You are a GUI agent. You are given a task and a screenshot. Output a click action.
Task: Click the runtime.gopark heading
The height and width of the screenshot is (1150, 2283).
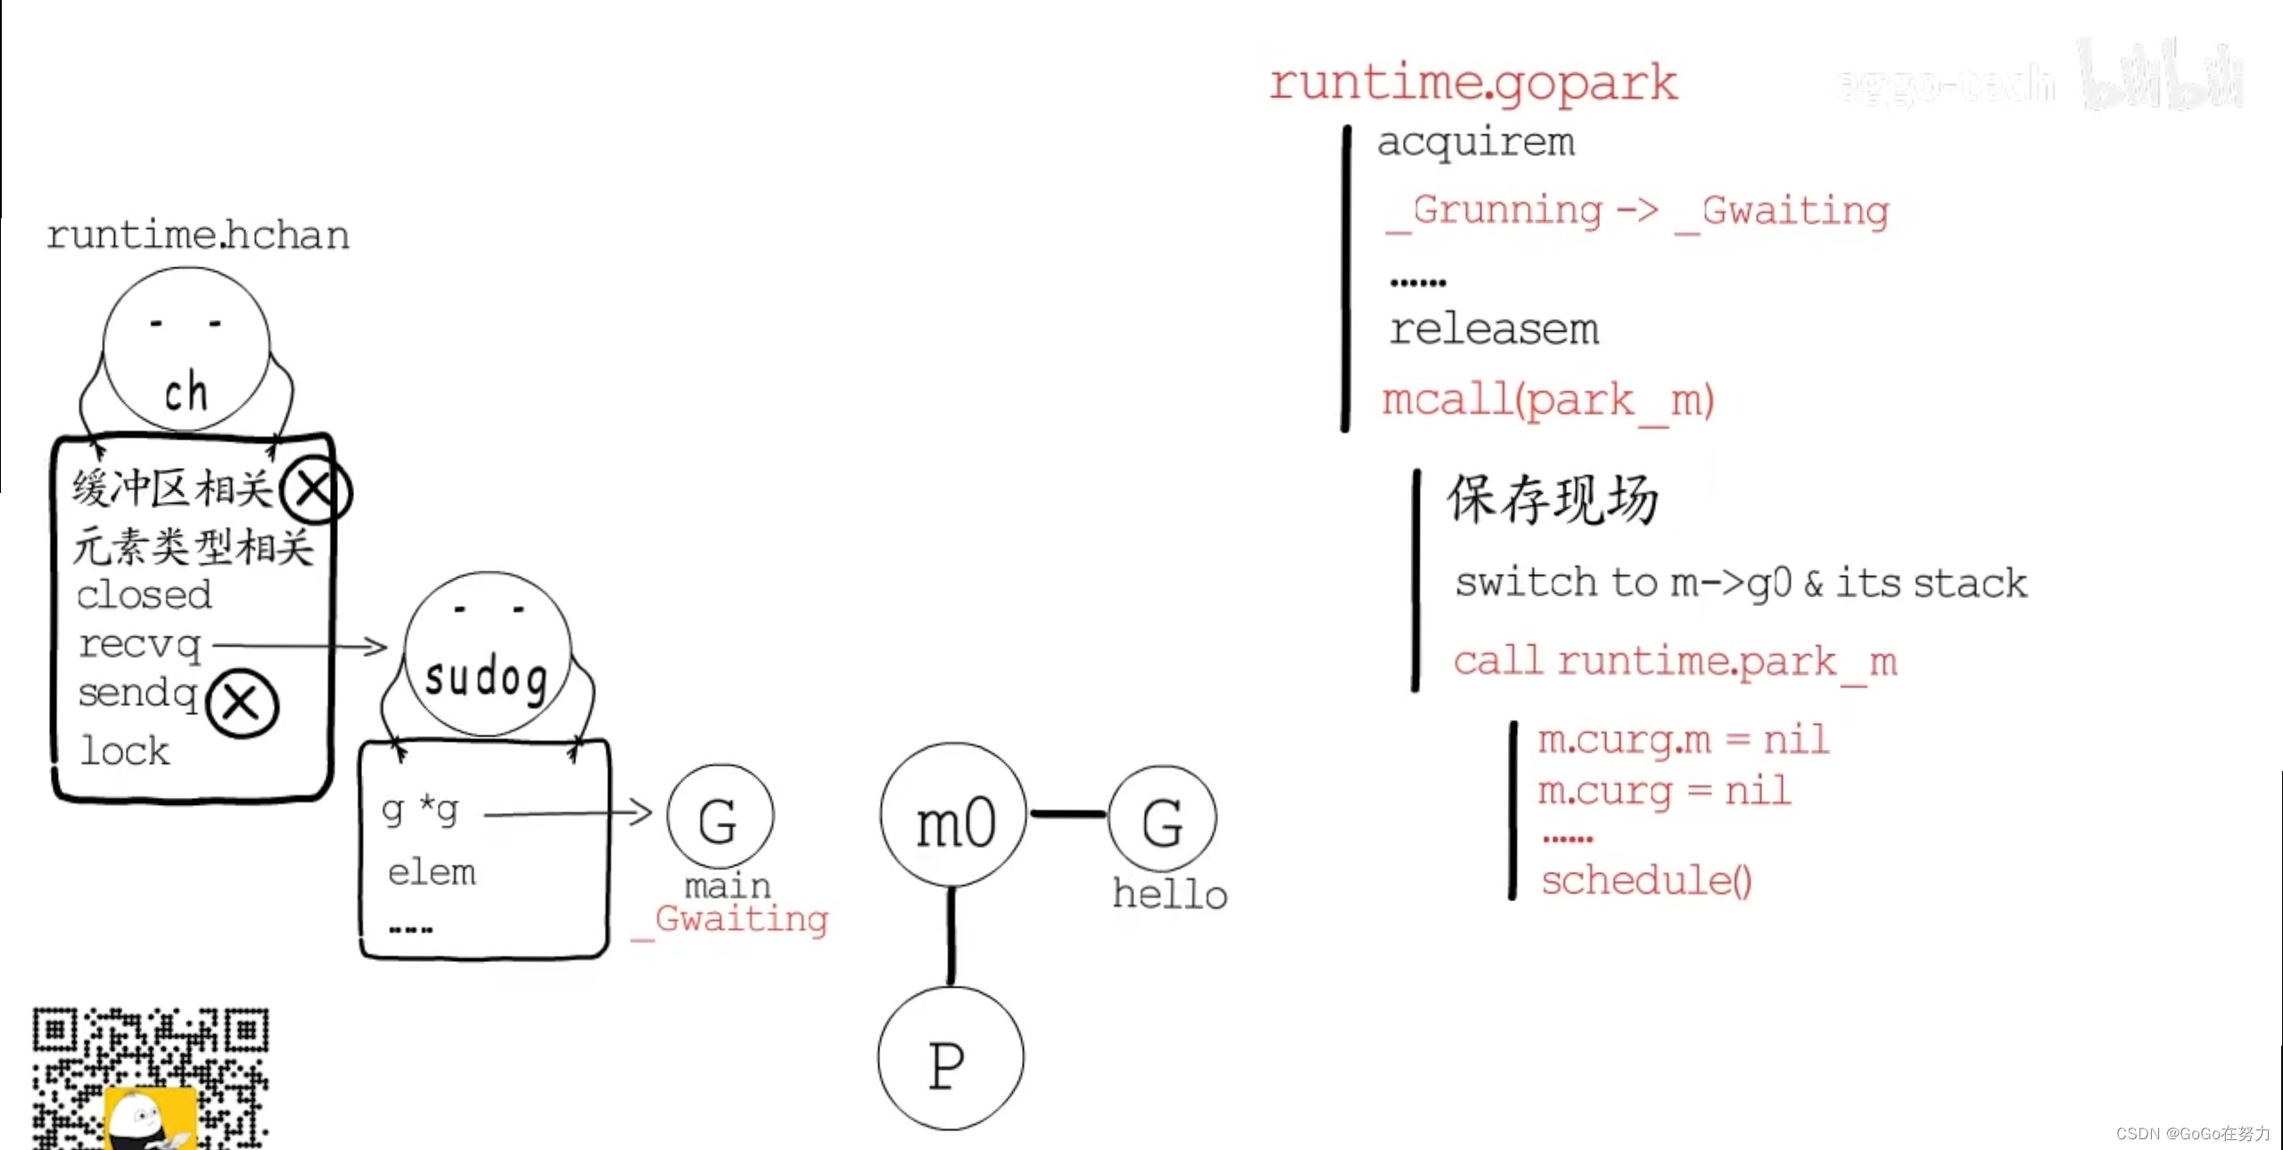coord(1472,83)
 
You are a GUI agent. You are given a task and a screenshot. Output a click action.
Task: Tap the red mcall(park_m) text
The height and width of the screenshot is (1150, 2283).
coord(1547,400)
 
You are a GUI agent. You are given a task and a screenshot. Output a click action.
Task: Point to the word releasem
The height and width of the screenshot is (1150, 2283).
coord(1494,329)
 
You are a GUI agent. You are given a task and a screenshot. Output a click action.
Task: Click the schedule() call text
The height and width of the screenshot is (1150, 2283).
coord(1646,881)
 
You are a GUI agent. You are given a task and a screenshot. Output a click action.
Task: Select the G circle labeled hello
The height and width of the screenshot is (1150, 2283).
coord(1162,818)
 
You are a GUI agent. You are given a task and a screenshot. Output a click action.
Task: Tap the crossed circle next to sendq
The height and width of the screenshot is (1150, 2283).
coord(242,704)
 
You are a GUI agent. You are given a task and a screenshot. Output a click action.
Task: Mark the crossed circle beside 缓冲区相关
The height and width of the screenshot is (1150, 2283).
coord(315,490)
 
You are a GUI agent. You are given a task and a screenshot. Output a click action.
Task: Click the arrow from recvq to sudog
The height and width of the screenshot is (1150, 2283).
coord(300,645)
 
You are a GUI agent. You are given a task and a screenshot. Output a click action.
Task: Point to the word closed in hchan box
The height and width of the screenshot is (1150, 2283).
coord(144,595)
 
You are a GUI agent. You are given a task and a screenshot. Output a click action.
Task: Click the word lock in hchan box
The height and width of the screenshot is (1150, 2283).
coord(125,751)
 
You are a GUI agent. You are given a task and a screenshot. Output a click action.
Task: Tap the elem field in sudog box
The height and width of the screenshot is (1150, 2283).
coord(432,872)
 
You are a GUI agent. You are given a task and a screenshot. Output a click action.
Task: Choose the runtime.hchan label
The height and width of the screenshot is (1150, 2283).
coord(197,235)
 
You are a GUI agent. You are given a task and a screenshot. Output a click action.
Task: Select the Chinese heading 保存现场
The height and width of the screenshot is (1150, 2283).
coord(1553,499)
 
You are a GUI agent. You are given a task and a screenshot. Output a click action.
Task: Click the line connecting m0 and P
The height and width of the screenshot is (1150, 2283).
coord(951,936)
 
